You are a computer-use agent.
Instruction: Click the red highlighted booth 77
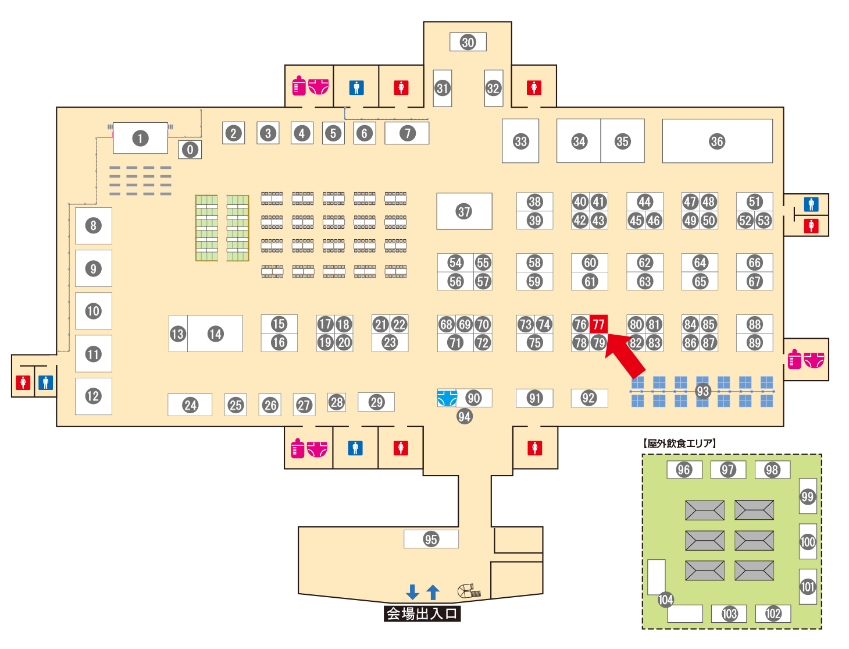(x=598, y=324)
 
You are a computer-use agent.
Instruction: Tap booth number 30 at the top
(x=468, y=42)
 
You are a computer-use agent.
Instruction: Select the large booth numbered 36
(x=717, y=141)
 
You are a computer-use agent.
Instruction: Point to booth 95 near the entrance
(x=431, y=539)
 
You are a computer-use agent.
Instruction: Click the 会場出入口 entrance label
(x=422, y=613)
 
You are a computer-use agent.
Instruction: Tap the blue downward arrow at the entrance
(x=412, y=592)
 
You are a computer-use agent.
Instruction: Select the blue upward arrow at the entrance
(x=433, y=592)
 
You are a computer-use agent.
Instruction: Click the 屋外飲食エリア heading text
(x=680, y=444)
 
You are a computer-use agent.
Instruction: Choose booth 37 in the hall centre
(x=464, y=211)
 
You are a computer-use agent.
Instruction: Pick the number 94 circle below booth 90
(x=464, y=416)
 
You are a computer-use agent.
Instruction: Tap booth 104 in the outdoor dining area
(x=666, y=600)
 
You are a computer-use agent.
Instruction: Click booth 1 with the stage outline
(x=140, y=138)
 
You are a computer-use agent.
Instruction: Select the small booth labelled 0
(x=190, y=150)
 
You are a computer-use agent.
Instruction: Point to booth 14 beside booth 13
(x=215, y=334)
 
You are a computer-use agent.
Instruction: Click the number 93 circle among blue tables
(x=703, y=391)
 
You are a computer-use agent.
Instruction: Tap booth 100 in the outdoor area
(x=808, y=542)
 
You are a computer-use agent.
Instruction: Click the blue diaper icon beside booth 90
(x=447, y=398)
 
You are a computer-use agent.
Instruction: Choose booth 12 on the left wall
(x=93, y=396)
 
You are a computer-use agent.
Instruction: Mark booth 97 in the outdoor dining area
(x=728, y=470)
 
